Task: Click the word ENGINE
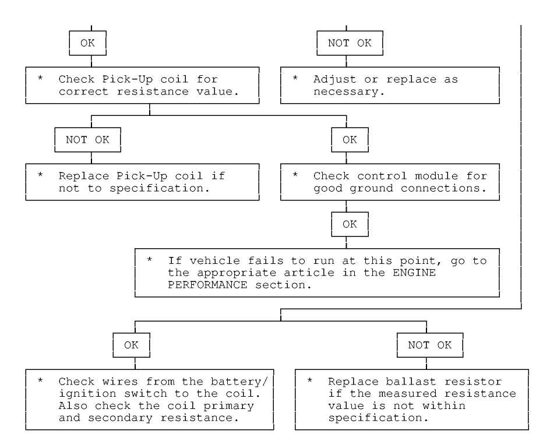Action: (414, 273)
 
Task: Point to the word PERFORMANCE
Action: (207, 285)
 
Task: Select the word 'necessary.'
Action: (349, 91)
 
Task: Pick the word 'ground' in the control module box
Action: (371, 189)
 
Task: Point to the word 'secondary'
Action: (120, 418)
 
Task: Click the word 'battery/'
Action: (239, 382)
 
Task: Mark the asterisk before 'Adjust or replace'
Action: (295, 78)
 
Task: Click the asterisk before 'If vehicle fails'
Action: (150, 260)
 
